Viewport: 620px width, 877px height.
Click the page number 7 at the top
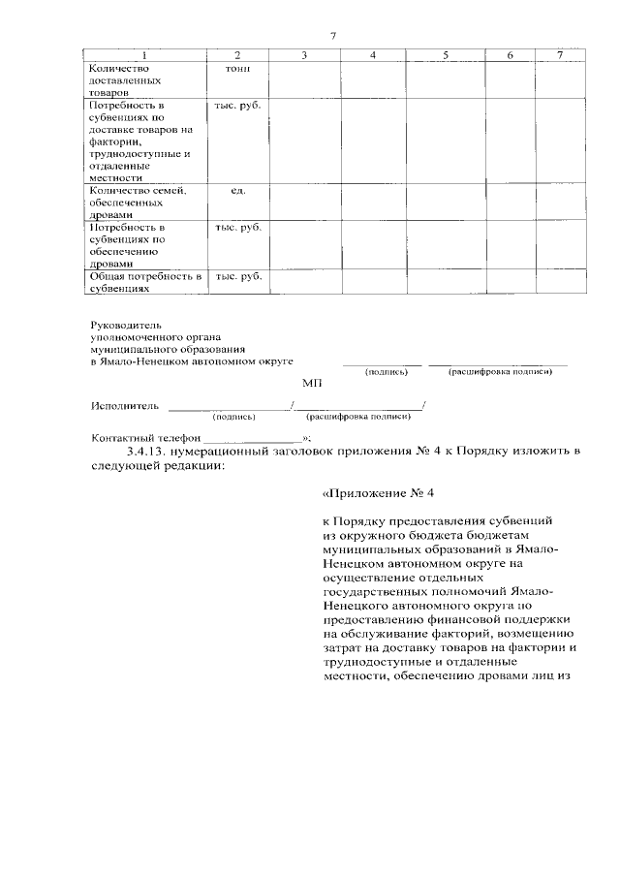tap(331, 36)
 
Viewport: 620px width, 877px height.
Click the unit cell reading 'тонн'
tap(238, 70)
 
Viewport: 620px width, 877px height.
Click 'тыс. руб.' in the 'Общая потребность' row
tap(238, 276)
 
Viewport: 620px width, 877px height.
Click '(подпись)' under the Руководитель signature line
tap(386, 372)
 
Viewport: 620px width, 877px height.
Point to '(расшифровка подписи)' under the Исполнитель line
tap(357, 417)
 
